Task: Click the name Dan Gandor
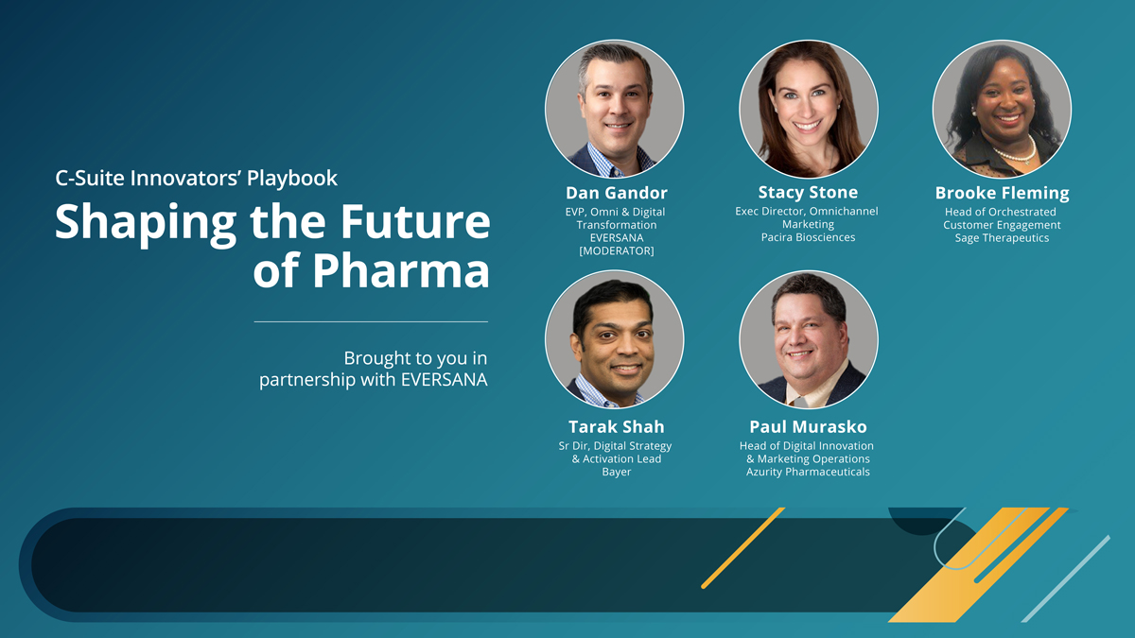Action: (x=616, y=193)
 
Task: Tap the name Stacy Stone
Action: (x=808, y=192)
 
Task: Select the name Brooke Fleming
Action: (x=1002, y=193)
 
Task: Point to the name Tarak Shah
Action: (x=616, y=426)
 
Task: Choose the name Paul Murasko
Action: (x=808, y=426)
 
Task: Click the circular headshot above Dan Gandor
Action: (x=615, y=109)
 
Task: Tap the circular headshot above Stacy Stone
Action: (x=808, y=109)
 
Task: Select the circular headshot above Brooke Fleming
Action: (x=1002, y=109)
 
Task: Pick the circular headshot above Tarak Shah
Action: (x=615, y=339)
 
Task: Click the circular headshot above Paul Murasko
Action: (x=808, y=339)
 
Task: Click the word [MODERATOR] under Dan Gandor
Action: (x=616, y=251)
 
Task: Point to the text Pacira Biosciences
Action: (x=808, y=237)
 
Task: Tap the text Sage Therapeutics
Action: (x=1002, y=238)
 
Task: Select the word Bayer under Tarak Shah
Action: (x=616, y=472)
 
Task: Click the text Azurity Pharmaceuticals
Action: (x=808, y=472)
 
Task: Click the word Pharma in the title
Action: (x=400, y=271)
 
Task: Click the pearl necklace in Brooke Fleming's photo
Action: (x=1014, y=152)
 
